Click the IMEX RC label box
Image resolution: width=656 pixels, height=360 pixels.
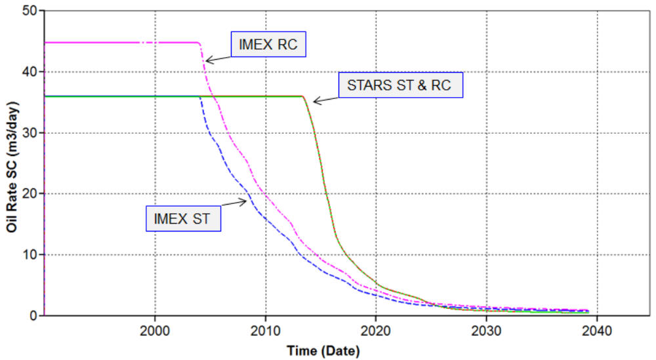tap(269, 45)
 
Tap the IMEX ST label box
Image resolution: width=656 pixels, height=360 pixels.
tap(183, 218)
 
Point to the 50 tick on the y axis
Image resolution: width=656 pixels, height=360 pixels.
tap(29, 11)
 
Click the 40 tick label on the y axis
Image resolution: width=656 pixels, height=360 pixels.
tap(29, 71)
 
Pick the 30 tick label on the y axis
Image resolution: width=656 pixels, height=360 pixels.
tap(29, 132)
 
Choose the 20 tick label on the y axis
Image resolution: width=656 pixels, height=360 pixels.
tap(29, 193)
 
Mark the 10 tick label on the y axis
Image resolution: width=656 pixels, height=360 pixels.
tap(29, 254)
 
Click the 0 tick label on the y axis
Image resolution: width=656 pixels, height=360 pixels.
tap(32, 315)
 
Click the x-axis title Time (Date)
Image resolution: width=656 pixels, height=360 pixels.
tap(323, 351)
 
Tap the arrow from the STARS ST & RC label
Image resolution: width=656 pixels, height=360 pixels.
tap(325, 96)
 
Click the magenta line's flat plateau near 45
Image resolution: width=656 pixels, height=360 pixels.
tap(118, 43)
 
